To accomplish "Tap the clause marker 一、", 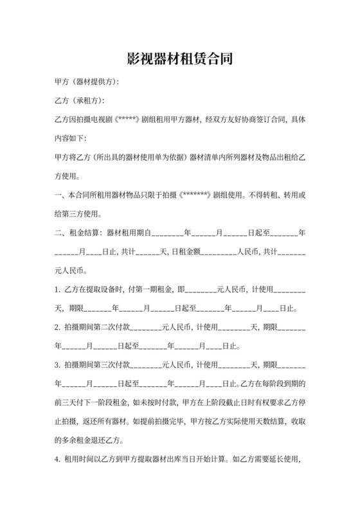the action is pyautogui.click(x=60, y=195).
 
